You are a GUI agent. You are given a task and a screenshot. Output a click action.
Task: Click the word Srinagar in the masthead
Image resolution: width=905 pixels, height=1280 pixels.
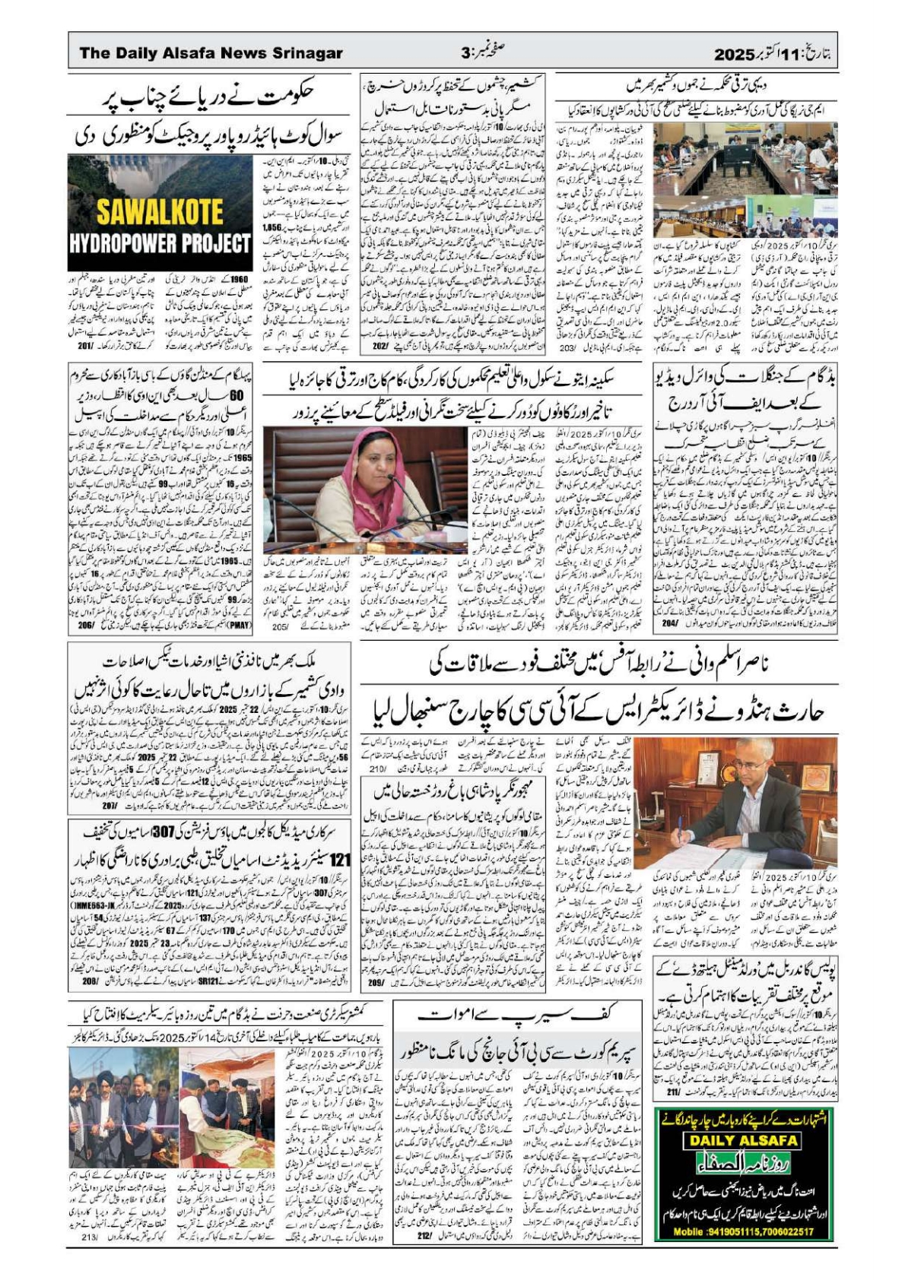pos(303,53)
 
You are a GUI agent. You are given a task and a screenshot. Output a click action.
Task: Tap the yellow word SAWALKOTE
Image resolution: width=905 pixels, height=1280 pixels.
pos(160,212)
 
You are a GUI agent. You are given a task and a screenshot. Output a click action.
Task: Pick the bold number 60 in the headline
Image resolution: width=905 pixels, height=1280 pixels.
pos(237,396)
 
